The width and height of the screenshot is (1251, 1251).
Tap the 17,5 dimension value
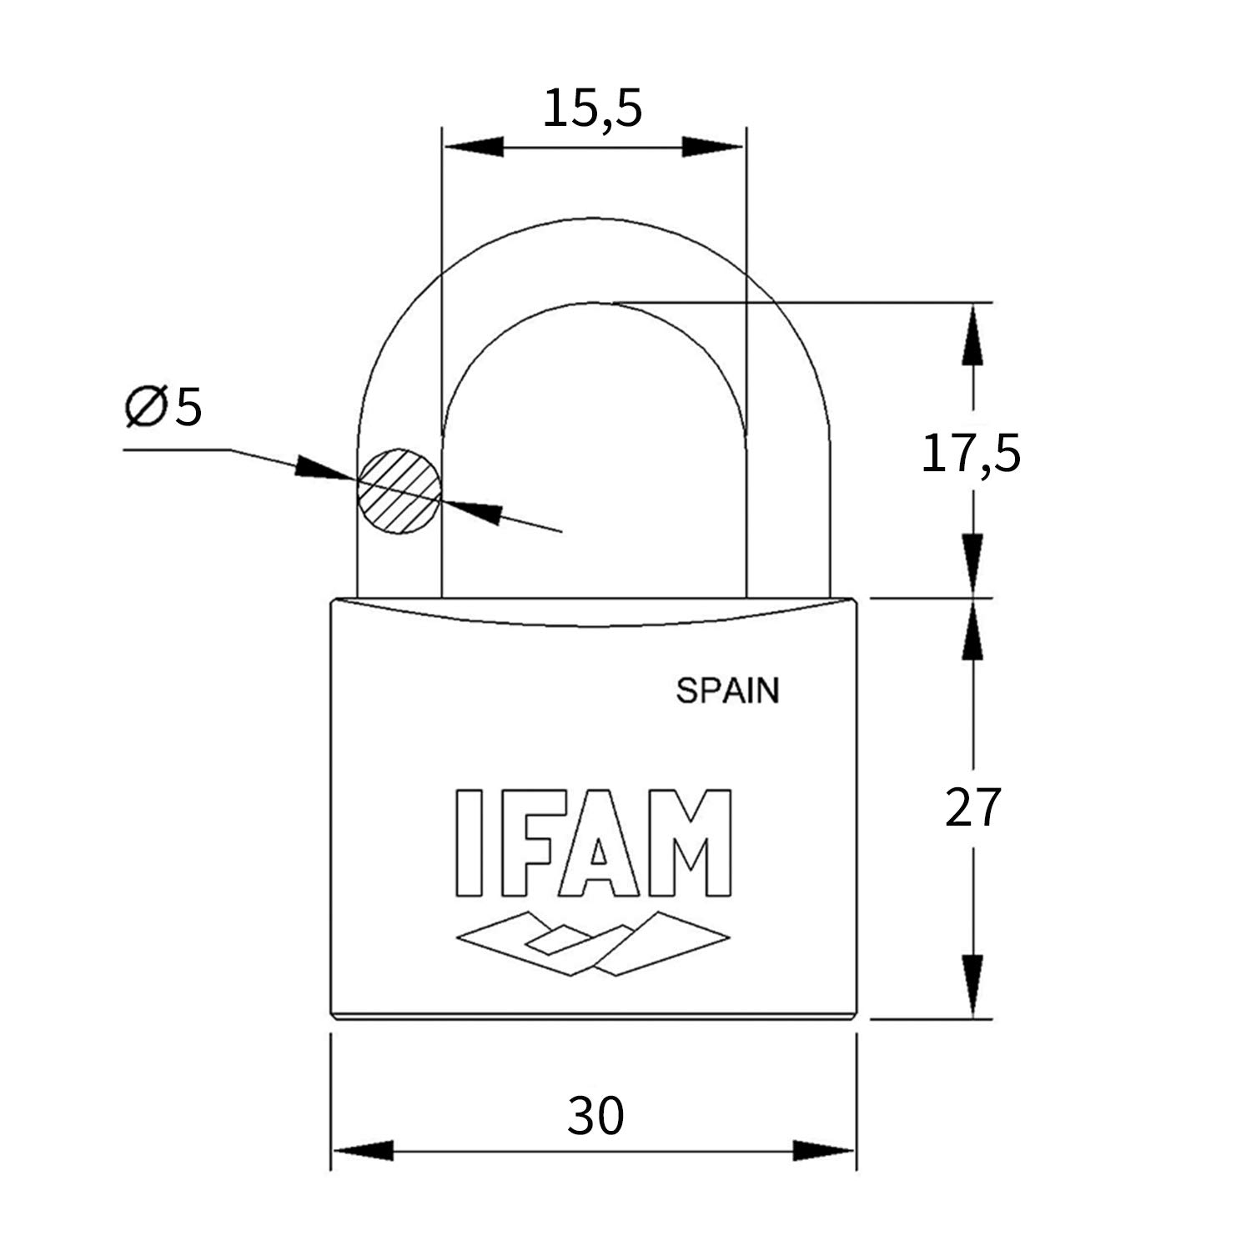(x=971, y=455)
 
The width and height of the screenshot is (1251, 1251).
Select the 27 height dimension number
(x=972, y=807)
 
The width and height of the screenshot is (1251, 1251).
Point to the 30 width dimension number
(x=595, y=1116)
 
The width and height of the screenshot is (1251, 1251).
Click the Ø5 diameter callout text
(x=163, y=407)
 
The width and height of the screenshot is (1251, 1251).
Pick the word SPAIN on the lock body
(x=727, y=691)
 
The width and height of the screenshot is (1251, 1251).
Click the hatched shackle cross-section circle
(x=399, y=491)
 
